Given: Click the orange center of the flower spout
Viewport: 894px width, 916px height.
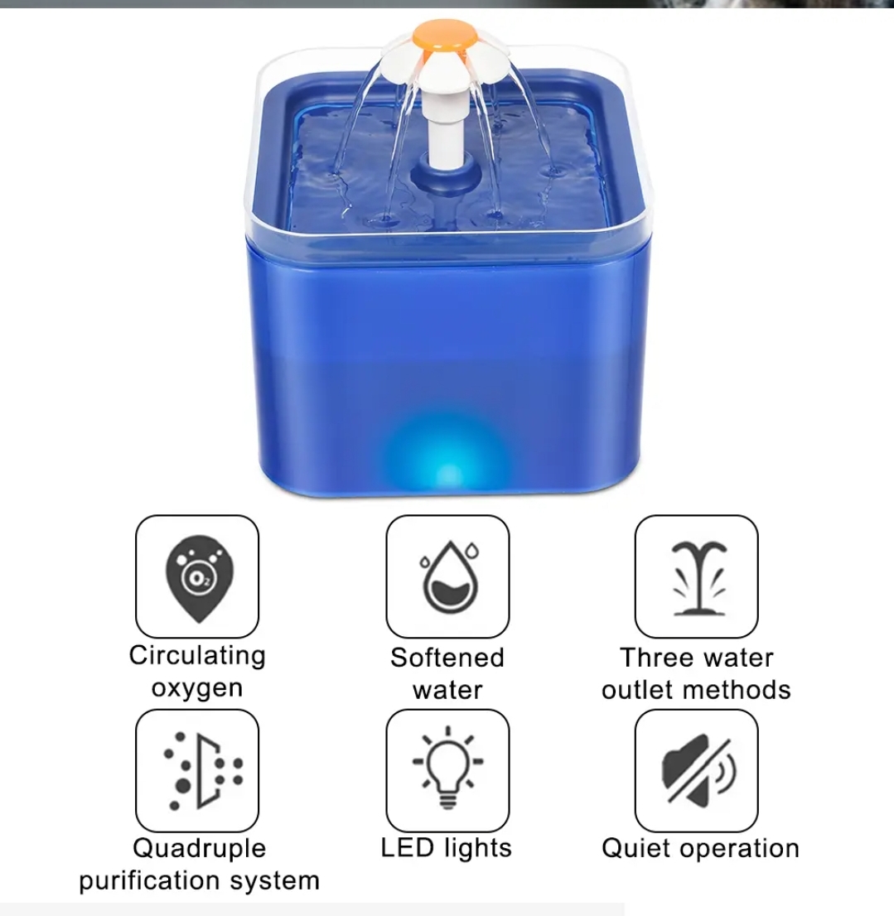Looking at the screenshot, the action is click(445, 36).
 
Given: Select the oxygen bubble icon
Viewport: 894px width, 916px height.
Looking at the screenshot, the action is click(199, 578).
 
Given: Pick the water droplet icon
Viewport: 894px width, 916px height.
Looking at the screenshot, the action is click(449, 577).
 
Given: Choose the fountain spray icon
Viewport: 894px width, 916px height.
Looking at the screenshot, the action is click(698, 578).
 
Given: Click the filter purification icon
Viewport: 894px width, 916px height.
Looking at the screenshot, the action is click(202, 771).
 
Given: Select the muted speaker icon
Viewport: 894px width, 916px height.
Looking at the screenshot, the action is click(698, 771).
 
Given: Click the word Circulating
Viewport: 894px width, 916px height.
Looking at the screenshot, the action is click(197, 655).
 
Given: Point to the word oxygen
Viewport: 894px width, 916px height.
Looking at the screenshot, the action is click(197, 688).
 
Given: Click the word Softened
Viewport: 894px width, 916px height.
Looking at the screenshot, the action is click(447, 658).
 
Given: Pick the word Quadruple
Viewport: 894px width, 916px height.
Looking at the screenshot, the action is click(199, 849).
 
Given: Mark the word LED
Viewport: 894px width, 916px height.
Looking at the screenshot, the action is click(408, 847).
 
